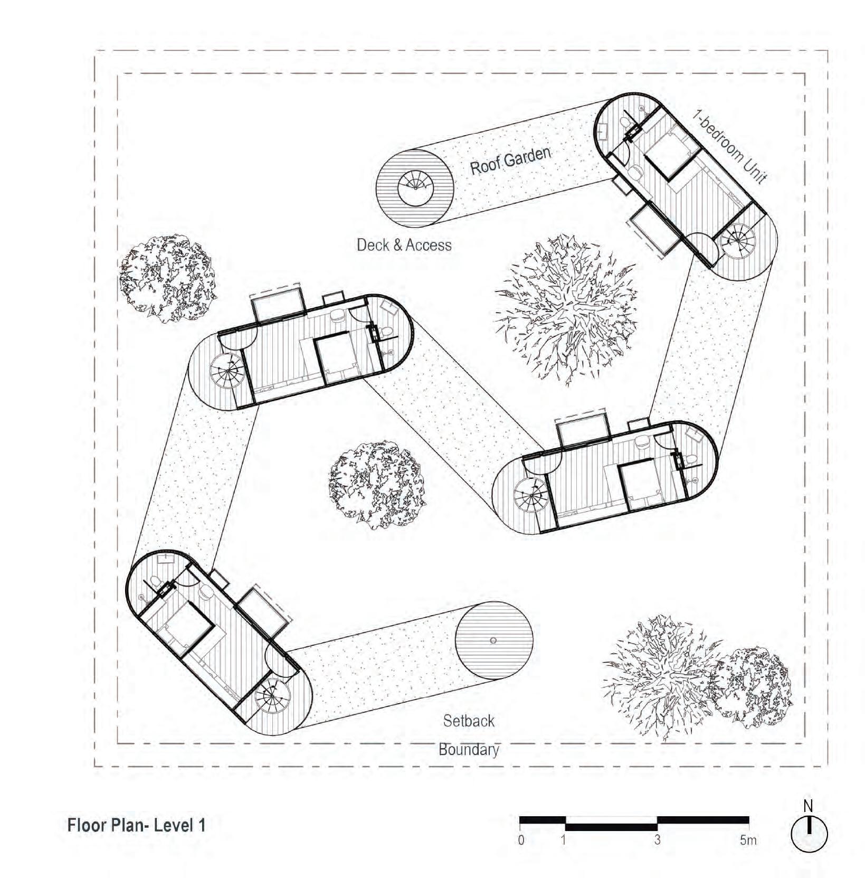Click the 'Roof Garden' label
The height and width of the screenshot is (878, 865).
click(510, 160)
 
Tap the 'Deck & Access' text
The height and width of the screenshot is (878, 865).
click(404, 245)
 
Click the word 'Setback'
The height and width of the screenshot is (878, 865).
click(469, 721)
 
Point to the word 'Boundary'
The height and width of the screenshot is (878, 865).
click(469, 750)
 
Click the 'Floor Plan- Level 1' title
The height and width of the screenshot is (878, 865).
click(136, 825)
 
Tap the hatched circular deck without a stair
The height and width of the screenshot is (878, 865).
click(494, 640)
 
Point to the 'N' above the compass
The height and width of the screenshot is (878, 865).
click(808, 806)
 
